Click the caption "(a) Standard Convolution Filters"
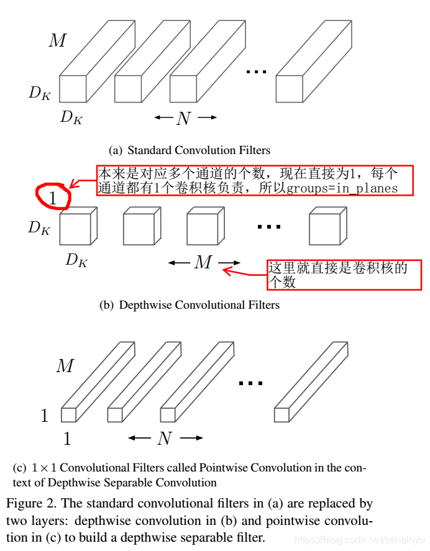190,150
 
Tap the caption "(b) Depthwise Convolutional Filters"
190,305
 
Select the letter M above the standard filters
57,42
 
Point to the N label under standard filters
183,118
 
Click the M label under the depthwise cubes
203,263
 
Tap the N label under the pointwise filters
165,439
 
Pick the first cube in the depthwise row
76,227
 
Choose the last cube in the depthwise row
326,227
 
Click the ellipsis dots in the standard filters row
256,72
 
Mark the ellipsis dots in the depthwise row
269,227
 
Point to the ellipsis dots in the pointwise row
250,384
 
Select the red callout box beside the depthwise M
344,275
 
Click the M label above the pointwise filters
65,367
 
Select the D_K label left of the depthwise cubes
39,228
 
